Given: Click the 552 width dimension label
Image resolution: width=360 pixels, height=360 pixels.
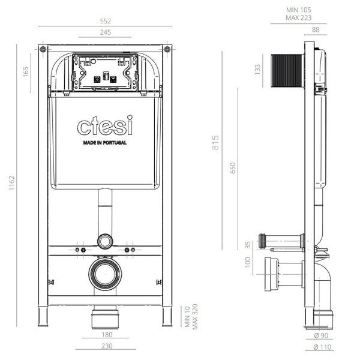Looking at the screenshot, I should pyautogui.click(x=106, y=20).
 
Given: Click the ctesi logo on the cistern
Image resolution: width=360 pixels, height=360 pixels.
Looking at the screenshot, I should pyautogui.click(x=105, y=127).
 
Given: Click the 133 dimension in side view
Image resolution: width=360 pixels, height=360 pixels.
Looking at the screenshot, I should pyautogui.click(x=257, y=70).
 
